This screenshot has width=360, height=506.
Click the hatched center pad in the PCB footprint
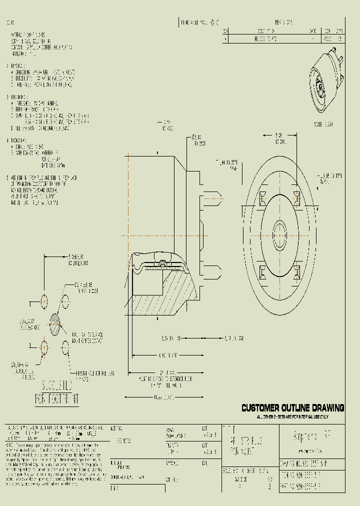pyautogui.click(x=55, y=324)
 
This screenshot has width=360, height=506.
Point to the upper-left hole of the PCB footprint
pyautogui.click(x=44, y=301)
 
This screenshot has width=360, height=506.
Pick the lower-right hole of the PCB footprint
pyautogui.click(x=65, y=347)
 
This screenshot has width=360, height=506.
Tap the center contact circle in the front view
pyautogui.click(x=279, y=233)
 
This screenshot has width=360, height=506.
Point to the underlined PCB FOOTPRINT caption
pyautogui.click(x=56, y=399)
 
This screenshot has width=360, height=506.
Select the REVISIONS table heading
pyautogui.click(x=284, y=22)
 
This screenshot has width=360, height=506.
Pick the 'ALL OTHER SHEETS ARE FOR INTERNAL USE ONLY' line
pyautogui.click(x=292, y=416)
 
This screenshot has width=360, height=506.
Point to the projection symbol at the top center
pyautogui.click(x=214, y=22)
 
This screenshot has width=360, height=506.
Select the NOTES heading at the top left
pyautogui.click(x=10, y=23)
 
